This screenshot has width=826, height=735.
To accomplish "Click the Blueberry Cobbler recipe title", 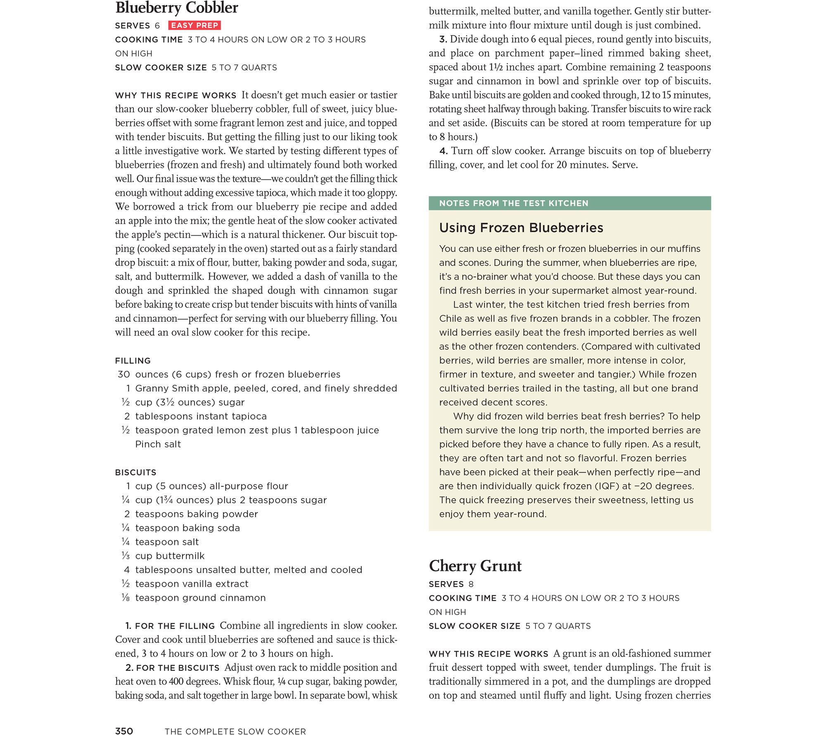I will tap(177, 8).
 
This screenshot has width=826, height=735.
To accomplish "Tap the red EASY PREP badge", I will tap(195, 26).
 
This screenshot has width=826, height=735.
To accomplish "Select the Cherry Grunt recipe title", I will tap(475, 566).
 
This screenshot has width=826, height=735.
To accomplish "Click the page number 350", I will tap(124, 731).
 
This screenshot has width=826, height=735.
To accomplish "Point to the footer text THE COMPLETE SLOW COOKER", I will tap(235, 731).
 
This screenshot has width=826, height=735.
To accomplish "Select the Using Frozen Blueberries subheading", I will tap(521, 228).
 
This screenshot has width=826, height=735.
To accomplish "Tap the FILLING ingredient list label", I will tap(133, 360).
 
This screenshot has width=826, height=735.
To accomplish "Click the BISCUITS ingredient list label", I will tap(135, 472).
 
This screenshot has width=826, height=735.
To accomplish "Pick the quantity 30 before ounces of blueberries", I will tap(123, 375).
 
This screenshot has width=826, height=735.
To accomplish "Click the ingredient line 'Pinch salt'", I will tap(158, 444).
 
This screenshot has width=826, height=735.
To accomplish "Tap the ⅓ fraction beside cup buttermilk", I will tap(126, 556).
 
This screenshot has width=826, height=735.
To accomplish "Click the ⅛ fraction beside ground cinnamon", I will tap(126, 598).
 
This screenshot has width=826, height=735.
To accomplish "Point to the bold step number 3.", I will tap(443, 40).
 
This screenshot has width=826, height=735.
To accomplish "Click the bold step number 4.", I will tap(443, 151).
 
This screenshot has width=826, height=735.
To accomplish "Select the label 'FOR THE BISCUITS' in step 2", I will tap(178, 668).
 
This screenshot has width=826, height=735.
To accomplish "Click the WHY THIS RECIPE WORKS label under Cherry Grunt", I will tap(488, 654).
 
